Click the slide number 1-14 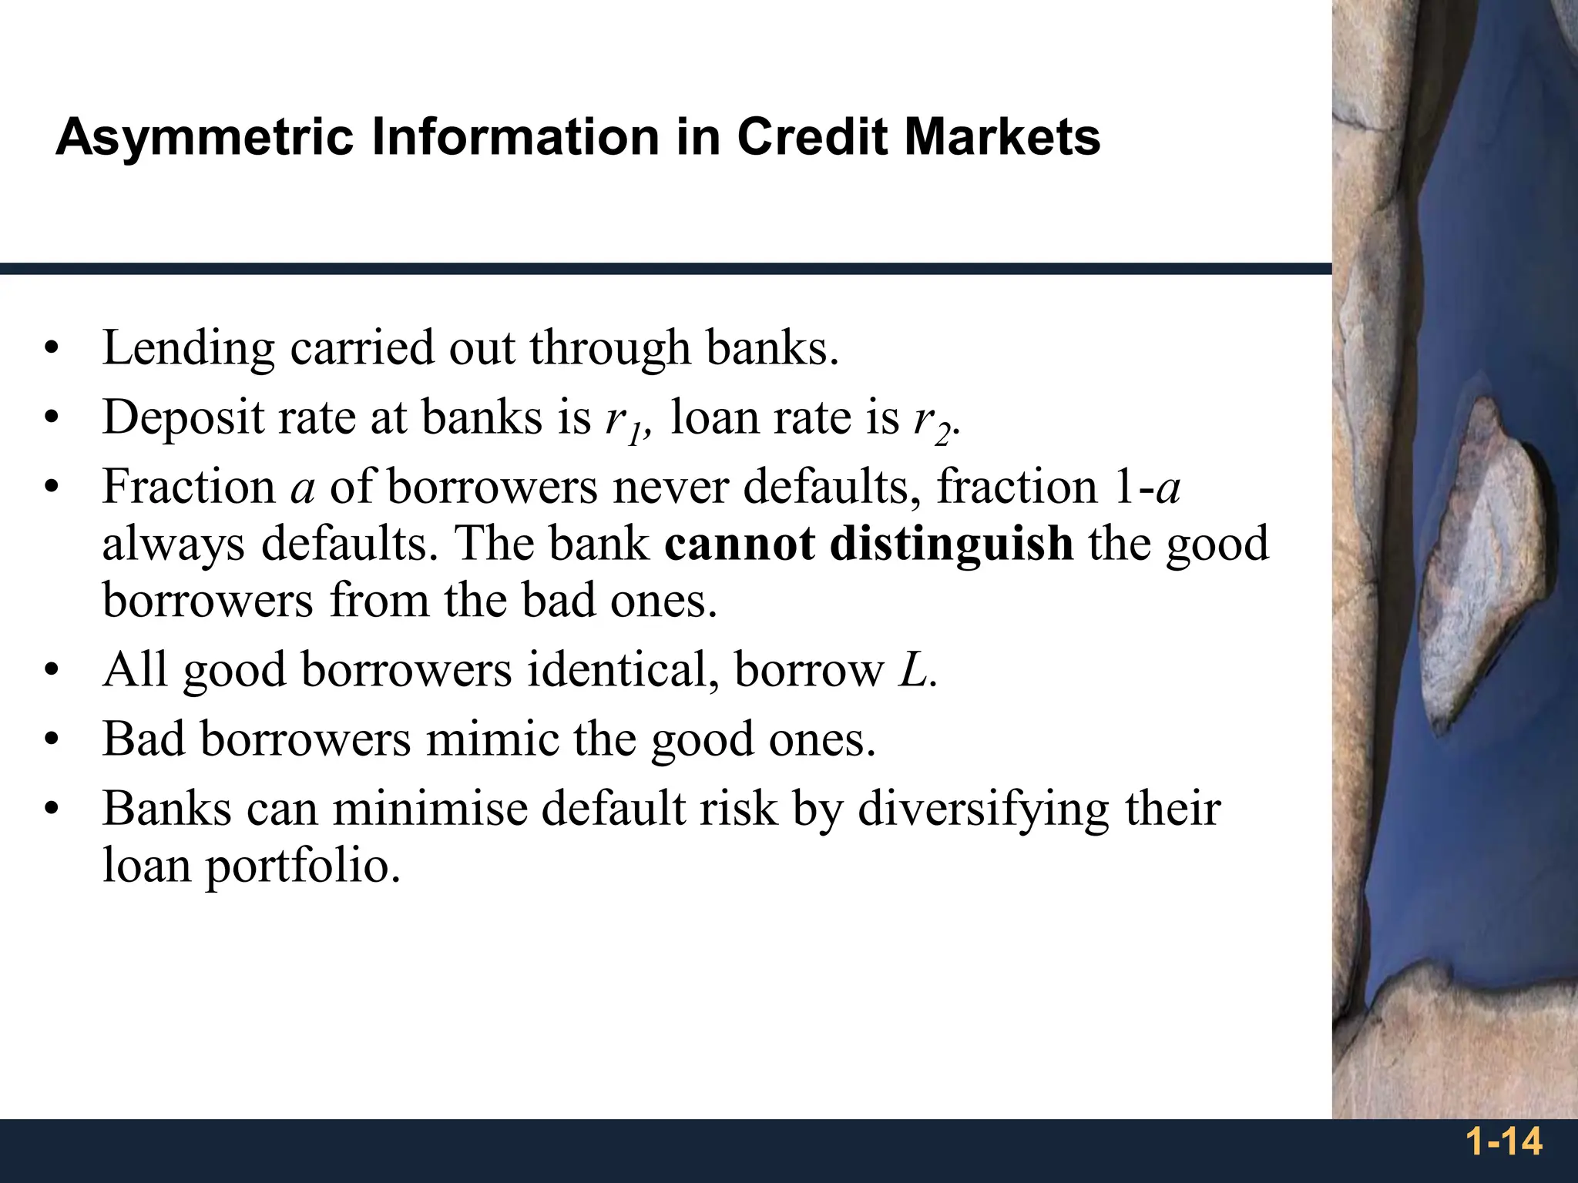pyautogui.click(x=1503, y=1141)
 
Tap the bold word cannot pyautogui.click(x=739, y=544)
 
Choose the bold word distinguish pyautogui.click(x=951, y=544)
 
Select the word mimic pyautogui.click(x=492, y=739)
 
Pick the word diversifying pyautogui.click(x=982, y=810)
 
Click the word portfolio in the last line pyautogui.click(x=302, y=866)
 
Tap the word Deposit pyautogui.click(x=183, y=418)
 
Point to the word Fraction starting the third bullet pyautogui.click(x=189, y=488)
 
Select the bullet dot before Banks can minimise pyautogui.click(x=52, y=810)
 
